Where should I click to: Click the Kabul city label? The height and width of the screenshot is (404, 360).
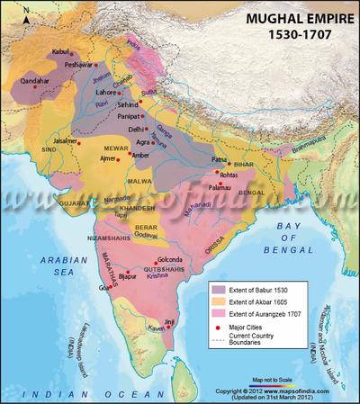click(x=60, y=53)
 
